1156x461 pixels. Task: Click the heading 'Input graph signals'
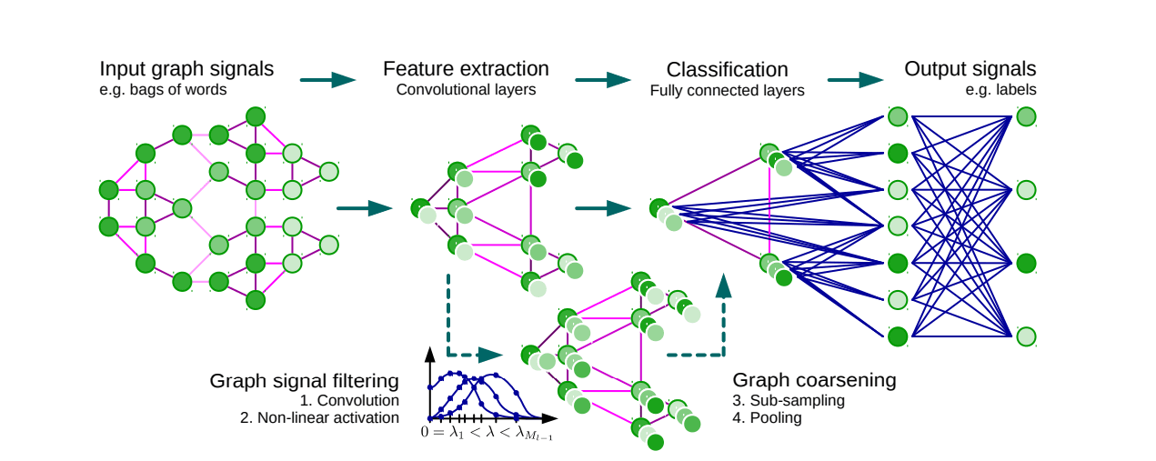coord(186,69)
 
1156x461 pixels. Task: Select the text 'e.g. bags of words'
coord(163,90)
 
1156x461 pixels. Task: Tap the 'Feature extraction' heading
coord(466,69)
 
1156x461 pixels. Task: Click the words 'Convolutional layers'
coord(466,90)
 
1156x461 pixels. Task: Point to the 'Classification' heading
coord(727,70)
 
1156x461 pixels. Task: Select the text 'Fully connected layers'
coord(727,90)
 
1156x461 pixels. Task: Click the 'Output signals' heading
coord(970,69)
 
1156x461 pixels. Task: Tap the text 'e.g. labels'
coord(1000,90)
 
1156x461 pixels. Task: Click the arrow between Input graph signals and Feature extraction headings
coord(327,80)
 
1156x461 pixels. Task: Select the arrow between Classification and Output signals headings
coord(855,80)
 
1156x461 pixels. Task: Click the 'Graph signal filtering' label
coord(304,380)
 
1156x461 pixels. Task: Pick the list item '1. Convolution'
coord(349,400)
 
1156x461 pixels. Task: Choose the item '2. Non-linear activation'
coord(328,417)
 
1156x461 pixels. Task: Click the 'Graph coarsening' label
coord(814,380)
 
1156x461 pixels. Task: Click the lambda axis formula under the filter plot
coord(487,434)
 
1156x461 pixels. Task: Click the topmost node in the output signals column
coord(1026,116)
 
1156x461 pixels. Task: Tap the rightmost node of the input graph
coord(328,171)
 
